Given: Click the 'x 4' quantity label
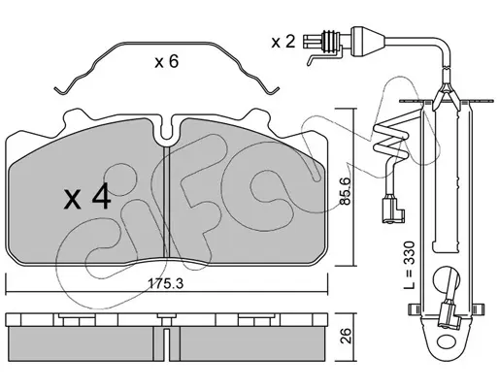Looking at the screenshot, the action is pos(87,198).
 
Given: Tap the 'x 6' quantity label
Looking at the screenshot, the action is pos(166,61).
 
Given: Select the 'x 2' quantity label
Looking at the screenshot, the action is pos(283,42).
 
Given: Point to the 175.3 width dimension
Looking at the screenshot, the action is pos(165,284).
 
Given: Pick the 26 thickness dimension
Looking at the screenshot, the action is pos(346,337).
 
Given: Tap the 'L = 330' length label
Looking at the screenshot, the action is pos(410,265).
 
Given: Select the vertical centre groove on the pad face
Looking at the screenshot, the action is pos(166,201).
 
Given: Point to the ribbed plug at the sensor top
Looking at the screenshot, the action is pos(330,42).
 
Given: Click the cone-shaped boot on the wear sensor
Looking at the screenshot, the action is pos(368,42).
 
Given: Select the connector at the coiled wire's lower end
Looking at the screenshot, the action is pos(393,210).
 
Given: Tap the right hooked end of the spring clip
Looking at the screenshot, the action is pos(273,91).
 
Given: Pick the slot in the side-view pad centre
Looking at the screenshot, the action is pos(166,344).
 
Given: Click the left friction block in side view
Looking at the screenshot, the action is pos(82,343).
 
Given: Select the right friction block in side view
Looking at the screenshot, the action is pos(251,343).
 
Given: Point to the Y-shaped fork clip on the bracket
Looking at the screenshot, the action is pos(446,94).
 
